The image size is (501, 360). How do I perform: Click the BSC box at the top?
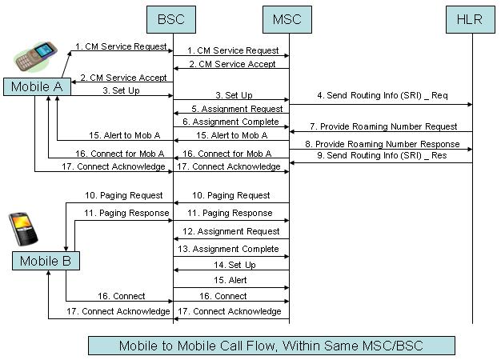tap(173, 18)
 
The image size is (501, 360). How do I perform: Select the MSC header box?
tap(287, 18)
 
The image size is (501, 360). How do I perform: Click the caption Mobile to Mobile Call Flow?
tap(271, 346)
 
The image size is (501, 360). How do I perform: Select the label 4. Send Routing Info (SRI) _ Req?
tap(382, 96)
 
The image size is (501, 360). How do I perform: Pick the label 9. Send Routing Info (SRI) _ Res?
tap(382, 155)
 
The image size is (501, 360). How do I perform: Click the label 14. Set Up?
tap(235, 265)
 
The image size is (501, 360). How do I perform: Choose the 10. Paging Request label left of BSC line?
tap(125, 195)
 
